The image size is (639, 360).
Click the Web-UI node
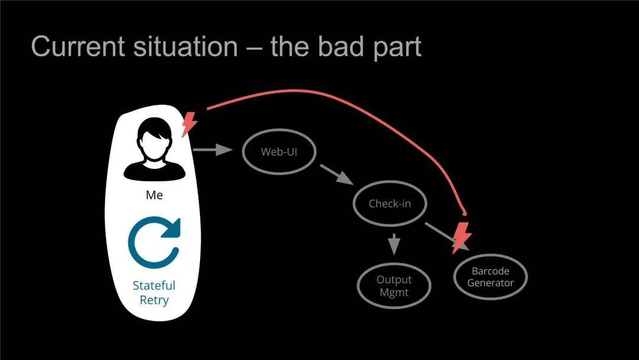[x=279, y=152]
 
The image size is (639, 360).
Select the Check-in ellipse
[x=389, y=204]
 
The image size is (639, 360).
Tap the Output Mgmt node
[x=393, y=286]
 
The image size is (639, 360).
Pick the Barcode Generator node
[x=490, y=277]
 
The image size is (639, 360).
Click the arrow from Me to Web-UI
[x=212, y=150]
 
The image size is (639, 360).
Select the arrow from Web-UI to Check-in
[x=337, y=175]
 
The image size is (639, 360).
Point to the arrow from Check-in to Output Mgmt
[x=393, y=244]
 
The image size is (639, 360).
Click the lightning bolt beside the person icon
[x=189, y=124]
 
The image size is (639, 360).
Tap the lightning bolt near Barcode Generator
[x=461, y=238]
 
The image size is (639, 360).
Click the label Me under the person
[x=154, y=195]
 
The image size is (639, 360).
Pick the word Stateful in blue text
[x=154, y=285]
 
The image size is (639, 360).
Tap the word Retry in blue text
[x=154, y=300]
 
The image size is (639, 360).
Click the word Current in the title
[x=78, y=46]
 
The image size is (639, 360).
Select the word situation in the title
[x=185, y=46]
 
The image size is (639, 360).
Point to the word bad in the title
[x=341, y=46]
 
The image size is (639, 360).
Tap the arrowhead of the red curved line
[x=464, y=213]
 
